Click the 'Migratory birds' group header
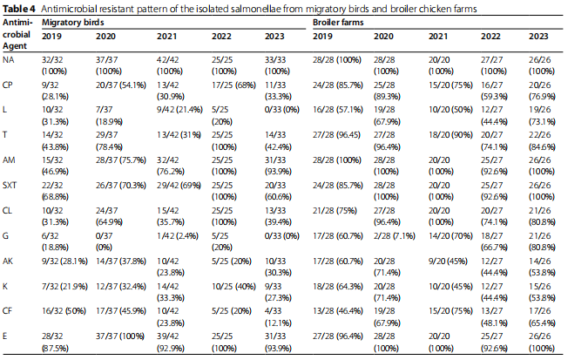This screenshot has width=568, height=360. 73,23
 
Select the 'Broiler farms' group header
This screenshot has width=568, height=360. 338,23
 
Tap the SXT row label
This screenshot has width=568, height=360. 10,186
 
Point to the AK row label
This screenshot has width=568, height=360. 8,261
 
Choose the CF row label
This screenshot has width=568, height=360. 7,311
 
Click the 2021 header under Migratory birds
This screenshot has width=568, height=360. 166,37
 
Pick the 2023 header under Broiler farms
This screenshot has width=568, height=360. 538,37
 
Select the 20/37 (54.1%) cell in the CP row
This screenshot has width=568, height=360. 120,85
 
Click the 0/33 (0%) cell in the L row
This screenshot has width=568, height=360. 282,110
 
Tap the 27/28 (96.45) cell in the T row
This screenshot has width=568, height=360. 336,135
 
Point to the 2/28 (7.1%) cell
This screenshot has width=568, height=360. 394,236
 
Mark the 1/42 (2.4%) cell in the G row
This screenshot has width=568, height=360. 178,236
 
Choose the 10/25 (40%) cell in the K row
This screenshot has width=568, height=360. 233,287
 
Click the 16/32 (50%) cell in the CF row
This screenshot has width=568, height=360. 64,311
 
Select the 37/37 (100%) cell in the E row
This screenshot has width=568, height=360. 120,336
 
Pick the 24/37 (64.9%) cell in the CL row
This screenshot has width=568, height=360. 109,216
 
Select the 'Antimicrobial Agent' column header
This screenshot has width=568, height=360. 17,35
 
